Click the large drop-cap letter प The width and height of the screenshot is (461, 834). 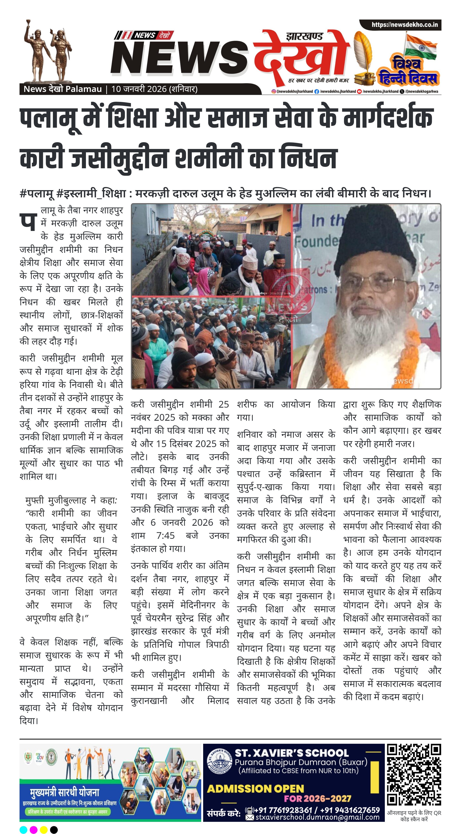(28, 222)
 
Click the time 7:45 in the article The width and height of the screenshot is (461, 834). (165, 536)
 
